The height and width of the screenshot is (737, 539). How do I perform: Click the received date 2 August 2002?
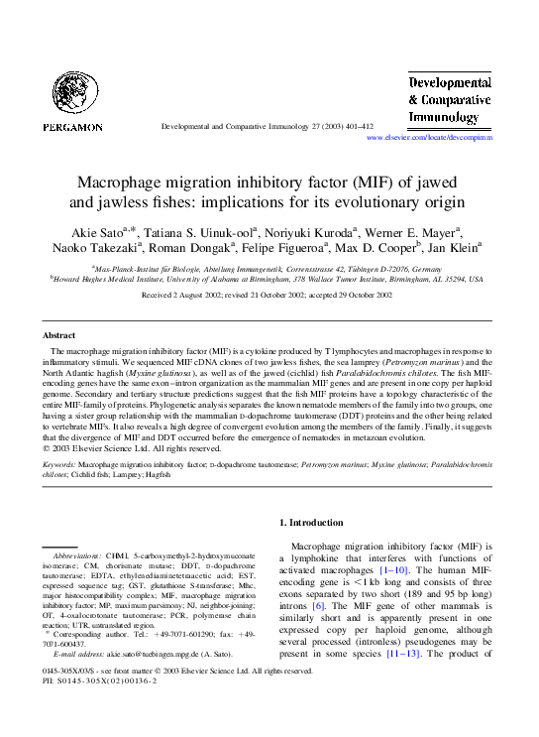point(214,296)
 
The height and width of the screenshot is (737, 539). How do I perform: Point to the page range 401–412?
point(354,129)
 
